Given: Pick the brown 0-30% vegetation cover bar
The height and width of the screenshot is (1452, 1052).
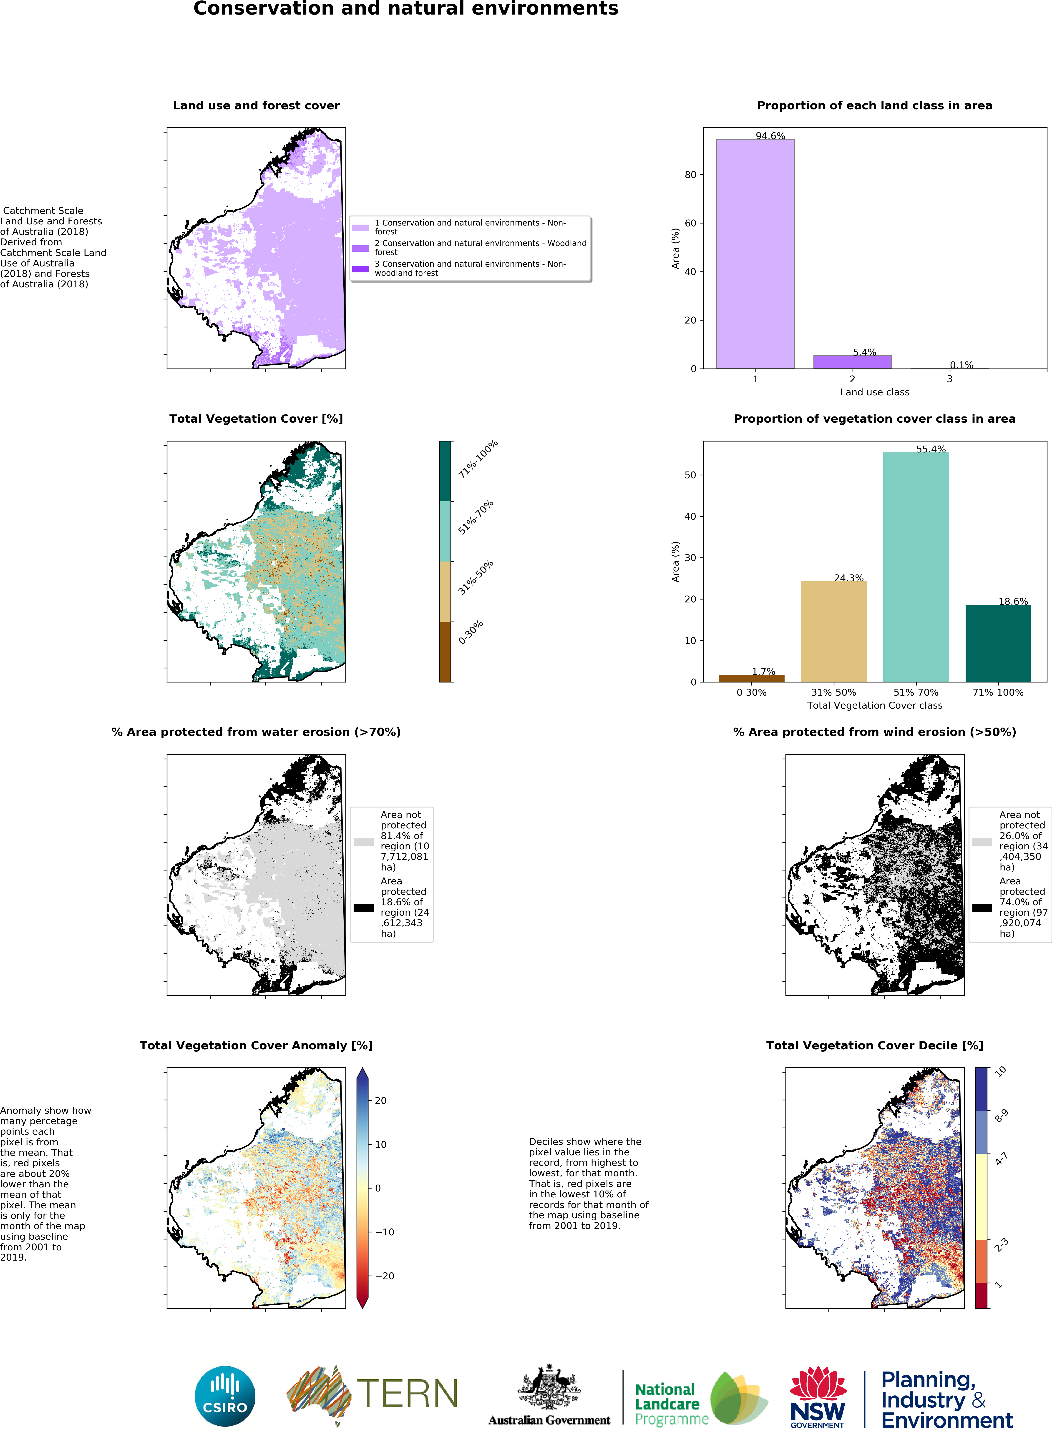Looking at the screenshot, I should (751, 678).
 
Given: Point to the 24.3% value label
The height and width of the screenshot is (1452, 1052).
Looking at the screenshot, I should (848, 578).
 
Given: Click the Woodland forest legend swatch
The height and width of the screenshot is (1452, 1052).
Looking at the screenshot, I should (360, 248).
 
